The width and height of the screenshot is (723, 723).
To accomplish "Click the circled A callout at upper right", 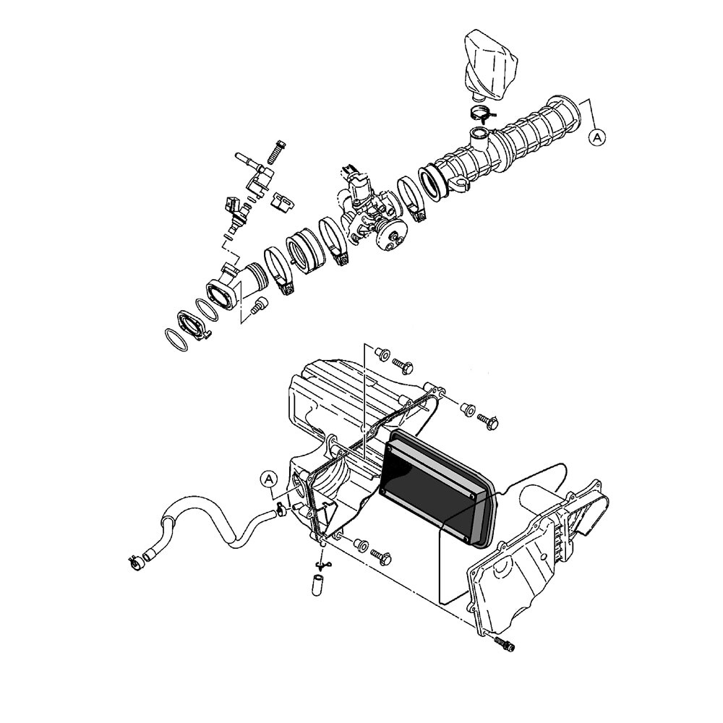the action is (x=597, y=137).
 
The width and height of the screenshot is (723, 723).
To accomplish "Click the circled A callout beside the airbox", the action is (x=269, y=479).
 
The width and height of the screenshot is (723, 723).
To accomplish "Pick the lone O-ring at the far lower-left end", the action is (x=176, y=340).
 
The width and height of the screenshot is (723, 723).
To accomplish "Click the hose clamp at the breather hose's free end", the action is (x=135, y=562).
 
